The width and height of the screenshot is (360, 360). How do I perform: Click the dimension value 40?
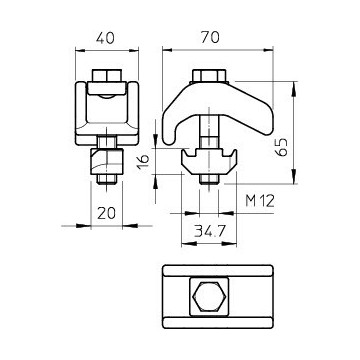[x=105, y=38]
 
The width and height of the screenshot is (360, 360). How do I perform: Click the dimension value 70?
[x=210, y=37]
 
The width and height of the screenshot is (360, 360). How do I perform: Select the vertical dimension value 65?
[x=282, y=147]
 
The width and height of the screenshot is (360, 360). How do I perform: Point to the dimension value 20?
[x=106, y=213]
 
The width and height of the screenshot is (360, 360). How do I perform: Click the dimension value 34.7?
[x=210, y=231]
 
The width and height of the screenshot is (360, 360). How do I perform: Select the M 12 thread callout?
[x=260, y=201]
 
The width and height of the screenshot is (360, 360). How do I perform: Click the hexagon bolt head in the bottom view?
[x=209, y=296]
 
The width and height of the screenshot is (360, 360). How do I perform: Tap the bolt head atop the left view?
[x=107, y=76]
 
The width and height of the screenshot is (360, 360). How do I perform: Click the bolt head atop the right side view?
[x=209, y=76]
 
